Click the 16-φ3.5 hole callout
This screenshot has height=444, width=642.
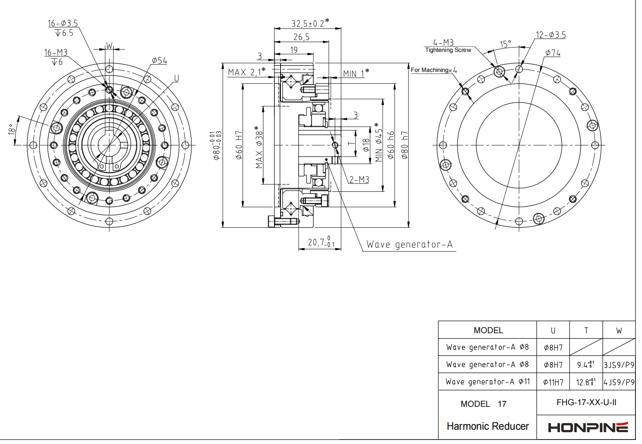pyautogui.click(x=62, y=23)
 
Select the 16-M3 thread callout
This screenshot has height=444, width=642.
pyautogui.click(x=56, y=53)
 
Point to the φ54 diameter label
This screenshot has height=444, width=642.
pyautogui.click(x=159, y=61)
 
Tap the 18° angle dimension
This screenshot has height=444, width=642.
pyautogui.click(x=11, y=130)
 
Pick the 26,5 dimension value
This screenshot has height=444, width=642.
pyautogui.click(x=301, y=37)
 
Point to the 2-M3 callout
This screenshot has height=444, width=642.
pyautogui.click(x=359, y=179)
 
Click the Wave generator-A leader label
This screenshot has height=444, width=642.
pyautogui.click(x=409, y=244)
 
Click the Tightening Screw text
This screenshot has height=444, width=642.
pyautogui.click(x=448, y=50)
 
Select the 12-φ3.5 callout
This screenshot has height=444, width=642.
pyautogui.click(x=551, y=35)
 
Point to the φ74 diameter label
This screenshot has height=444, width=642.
pyautogui.click(x=553, y=53)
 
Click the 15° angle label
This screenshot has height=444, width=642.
pyautogui.click(x=505, y=44)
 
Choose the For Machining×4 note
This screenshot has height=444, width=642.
pyautogui.click(x=433, y=70)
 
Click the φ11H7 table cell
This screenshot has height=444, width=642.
pyautogui.click(x=553, y=382)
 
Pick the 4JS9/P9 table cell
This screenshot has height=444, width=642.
pyautogui.click(x=619, y=382)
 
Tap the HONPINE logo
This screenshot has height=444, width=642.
pyautogui.click(x=588, y=427)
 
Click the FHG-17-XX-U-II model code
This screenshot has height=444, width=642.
pyautogui.click(x=586, y=402)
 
